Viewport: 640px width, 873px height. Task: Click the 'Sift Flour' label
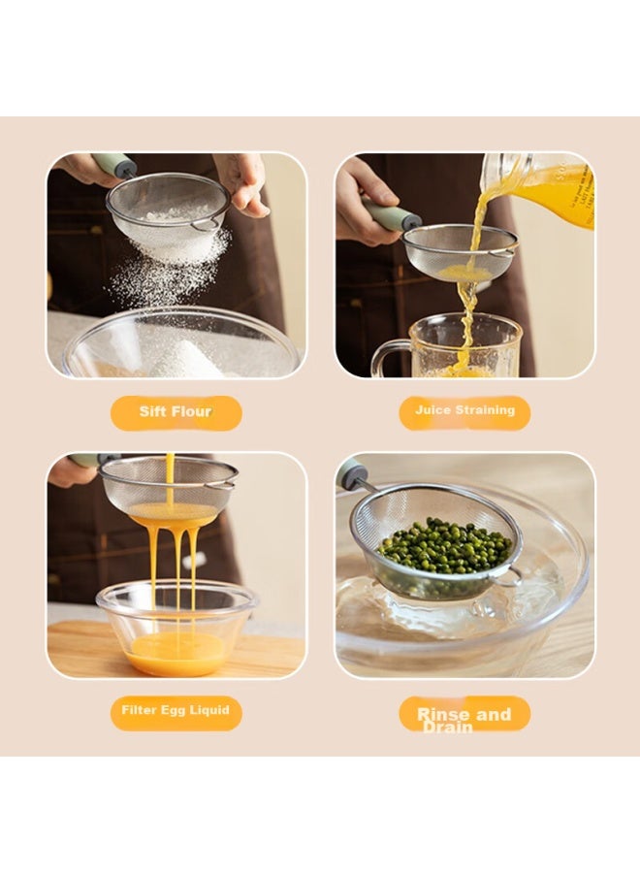click(176, 412)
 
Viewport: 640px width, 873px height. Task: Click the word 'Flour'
click(192, 412)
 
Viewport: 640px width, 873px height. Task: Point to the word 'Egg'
click(173, 710)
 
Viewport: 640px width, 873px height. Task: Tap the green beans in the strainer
click(445, 545)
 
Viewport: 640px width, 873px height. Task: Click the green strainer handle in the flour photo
click(114, 164)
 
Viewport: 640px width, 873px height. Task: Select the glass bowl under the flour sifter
click(181, 344)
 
